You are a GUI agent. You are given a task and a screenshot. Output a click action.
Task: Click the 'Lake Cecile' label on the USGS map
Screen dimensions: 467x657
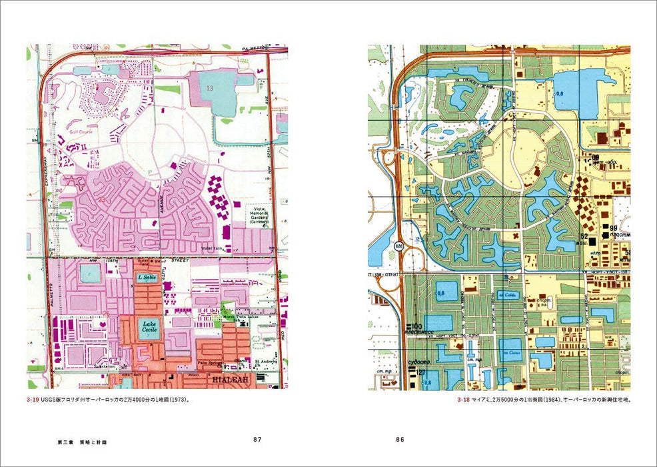[x=148, y=326]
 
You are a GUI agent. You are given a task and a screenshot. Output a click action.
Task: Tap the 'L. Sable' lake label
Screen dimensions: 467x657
[x=145, y=277]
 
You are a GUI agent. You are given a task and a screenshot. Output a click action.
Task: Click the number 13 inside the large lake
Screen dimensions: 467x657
[x=210, y=87]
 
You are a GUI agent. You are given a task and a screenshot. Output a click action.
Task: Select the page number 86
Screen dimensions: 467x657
[x=399, y=440]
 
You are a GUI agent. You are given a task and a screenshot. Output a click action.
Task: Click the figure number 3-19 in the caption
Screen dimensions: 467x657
[x=33, y=400]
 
